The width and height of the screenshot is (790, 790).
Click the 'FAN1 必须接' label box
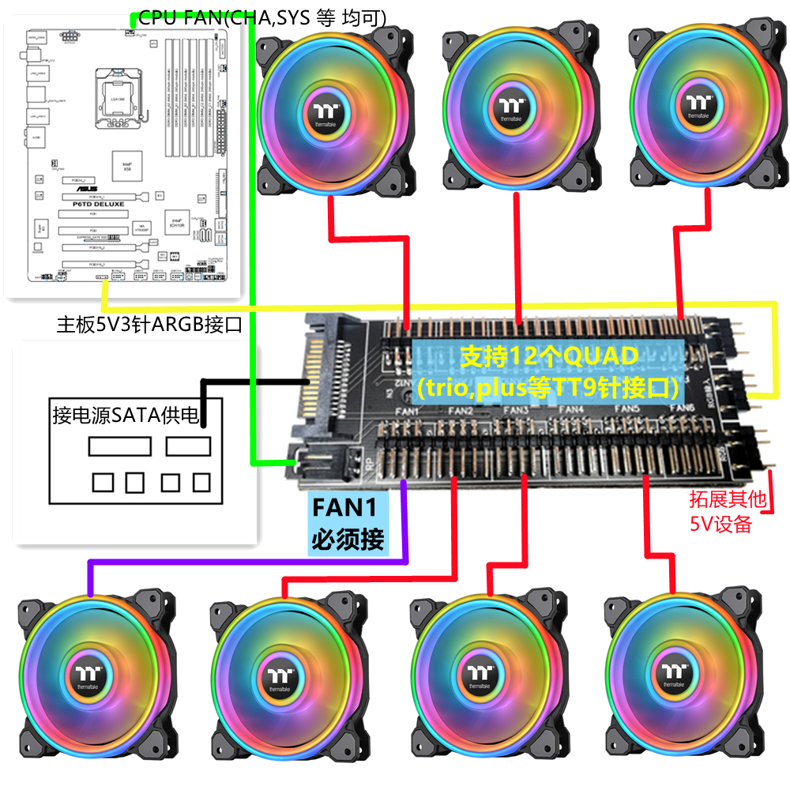tap(348, 524)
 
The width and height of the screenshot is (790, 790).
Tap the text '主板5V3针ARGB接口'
tap(149, 324)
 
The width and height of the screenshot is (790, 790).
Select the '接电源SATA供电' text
tap(126, 415)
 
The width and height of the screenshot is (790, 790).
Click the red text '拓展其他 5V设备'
tap(720, 512)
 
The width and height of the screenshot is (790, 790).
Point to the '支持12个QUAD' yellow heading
tap(549, 357)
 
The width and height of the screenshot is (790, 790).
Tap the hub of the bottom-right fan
tap(674, 676)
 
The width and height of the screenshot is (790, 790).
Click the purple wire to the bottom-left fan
tap(237, 562)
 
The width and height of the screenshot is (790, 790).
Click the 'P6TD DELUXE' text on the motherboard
tap(100, 204)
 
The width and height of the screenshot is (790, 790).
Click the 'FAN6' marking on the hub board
tap(683, 408)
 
